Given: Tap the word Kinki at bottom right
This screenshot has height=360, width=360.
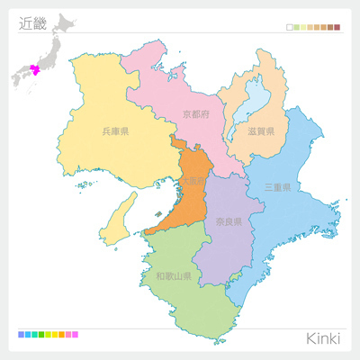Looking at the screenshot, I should pos(323,337).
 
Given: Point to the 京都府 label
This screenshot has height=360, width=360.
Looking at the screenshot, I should pos(195,114).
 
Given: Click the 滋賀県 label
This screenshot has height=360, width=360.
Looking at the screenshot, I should pos(261,131).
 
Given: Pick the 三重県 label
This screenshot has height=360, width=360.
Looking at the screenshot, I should pos(277,188).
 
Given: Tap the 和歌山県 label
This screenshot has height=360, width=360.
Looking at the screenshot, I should pos(173,276).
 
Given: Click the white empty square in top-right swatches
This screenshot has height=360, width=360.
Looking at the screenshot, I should pos(289,28).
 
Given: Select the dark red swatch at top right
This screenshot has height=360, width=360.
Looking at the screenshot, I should pos(337,28).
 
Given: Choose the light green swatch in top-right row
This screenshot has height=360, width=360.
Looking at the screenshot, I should pos(296,28).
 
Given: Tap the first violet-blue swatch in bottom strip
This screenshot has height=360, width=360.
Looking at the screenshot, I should pos(21,335).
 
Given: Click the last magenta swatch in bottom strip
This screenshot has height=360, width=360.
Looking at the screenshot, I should pos(75,335).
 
